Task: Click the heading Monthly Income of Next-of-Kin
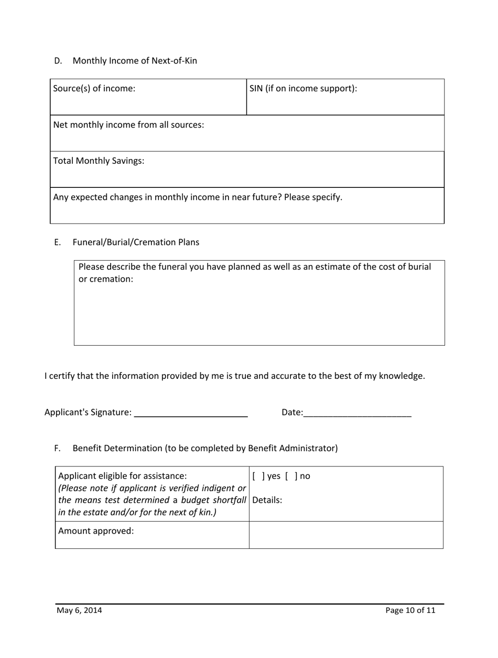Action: point(135,60)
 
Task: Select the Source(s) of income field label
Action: point(94,89)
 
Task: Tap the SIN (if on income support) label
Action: point(304,89)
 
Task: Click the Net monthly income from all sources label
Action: point(129,125)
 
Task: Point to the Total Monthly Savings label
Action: point(99,161)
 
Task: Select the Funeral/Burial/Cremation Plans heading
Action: point(136,242)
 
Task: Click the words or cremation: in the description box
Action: point(106,279)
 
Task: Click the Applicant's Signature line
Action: point(191,413)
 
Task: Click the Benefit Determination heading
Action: point(205,448)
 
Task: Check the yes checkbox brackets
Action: point(256,476)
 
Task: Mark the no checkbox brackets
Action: point(290,476)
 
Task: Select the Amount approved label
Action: point(96,530)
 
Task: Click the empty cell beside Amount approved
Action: point(346,535)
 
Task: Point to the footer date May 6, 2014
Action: point(80,610)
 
